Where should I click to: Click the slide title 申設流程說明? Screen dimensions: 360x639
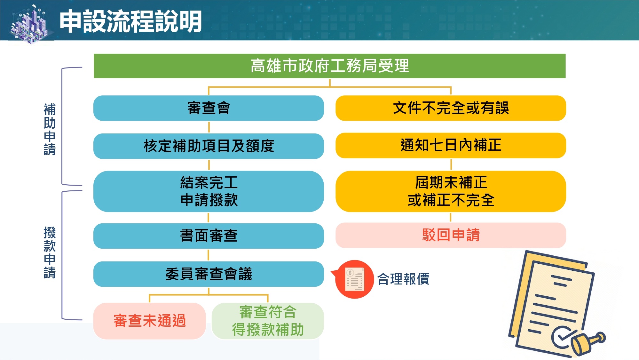[130, 21]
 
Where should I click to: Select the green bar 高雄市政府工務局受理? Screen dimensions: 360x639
[329, 66]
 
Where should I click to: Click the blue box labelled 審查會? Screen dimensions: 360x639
[209, 108]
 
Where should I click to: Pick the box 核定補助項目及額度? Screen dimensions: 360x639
[209, 146]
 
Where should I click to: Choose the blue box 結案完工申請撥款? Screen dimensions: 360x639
[209, 191]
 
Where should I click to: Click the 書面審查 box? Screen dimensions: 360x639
[209, 236]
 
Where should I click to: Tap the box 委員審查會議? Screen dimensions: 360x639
[209, 274]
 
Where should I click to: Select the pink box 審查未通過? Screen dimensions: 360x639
[149, 321]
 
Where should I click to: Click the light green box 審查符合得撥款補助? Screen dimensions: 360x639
[268, 321]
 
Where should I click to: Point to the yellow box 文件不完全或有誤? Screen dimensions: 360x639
[451, 108]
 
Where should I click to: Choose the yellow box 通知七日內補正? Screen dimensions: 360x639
[451, 145]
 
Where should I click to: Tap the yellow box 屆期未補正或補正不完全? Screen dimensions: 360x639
[451, 191]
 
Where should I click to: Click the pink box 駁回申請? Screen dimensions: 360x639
[451, 235]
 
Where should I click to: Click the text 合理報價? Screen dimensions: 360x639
[403, 279]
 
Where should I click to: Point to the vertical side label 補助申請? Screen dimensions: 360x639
[50, 129]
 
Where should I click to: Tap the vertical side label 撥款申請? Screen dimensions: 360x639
[50, 252]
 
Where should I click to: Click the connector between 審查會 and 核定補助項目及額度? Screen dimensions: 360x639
[209, 127]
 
